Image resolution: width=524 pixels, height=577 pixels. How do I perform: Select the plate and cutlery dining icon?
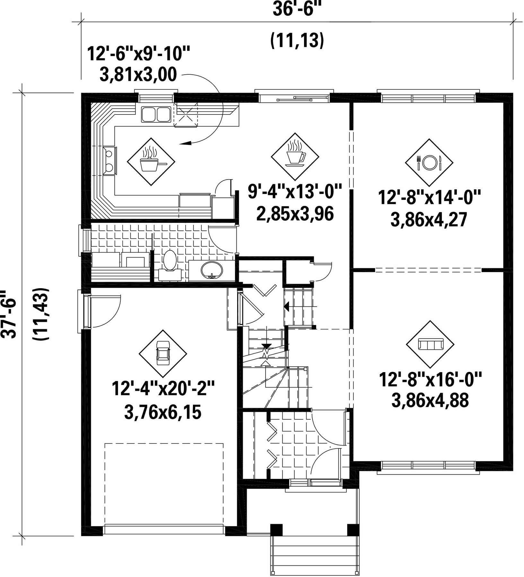(x=429, y=163)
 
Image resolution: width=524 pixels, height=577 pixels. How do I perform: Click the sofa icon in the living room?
(x=430, y=345)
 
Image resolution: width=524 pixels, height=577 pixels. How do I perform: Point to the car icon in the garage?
(x=163, y=354)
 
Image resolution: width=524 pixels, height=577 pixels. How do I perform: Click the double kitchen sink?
(x=156, y=114)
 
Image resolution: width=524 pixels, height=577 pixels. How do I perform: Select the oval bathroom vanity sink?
(x=212, y=270)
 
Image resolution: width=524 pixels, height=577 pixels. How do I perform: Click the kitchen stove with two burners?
(x=109, y=161)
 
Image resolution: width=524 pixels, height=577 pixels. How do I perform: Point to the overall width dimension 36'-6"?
(x=297, y=9)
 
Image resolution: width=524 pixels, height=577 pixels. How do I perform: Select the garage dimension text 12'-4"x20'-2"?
(x=163, y=389)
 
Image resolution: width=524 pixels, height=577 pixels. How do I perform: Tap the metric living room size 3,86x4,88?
(x=430, y=400)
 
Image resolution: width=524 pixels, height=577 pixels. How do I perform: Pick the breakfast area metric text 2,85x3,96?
(x=295, y=214)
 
